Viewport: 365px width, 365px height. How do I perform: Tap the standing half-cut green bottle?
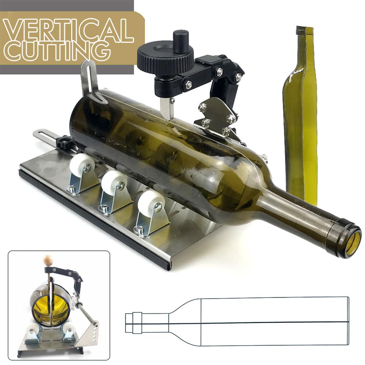pyautogui.click(x=300, y=120)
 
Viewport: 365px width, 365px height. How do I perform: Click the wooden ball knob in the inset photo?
pyautogui.click(x=48, y=260)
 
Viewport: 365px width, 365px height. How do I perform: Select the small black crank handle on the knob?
pyautogui.click(x=180, y=41)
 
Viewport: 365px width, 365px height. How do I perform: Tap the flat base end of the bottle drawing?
pyautogui.click(x=348, y=321)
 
